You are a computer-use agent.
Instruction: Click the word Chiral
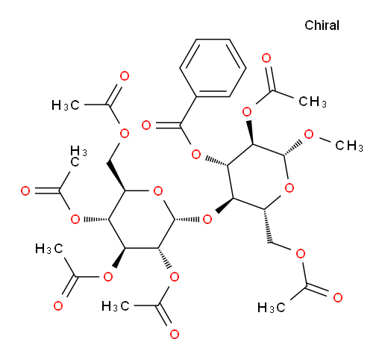coord(322,25)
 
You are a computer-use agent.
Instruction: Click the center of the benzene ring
coord(213,68)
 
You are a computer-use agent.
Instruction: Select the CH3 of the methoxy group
coord(349,146)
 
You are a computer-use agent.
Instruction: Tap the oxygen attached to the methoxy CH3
coord(309,134)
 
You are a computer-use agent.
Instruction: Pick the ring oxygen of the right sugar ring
coord(289,188)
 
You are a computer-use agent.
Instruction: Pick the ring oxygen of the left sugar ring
coord(158,191)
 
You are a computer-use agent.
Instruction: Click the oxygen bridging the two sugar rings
coord(207,220)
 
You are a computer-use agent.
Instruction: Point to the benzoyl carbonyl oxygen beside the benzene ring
coord(146,125)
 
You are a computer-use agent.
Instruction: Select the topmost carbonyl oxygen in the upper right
coord(266,58)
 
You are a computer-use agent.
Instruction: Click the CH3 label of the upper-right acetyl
coord(313,102)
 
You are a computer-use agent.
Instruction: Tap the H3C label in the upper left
coord(66,105)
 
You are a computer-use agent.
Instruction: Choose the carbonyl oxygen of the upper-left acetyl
coord(125,76)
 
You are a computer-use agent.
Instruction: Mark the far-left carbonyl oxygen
coord(25,191)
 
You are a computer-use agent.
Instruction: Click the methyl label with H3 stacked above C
coord(78,156)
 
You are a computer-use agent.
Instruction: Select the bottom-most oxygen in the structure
coord(175,334)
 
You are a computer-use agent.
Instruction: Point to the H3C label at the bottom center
coord(116,306)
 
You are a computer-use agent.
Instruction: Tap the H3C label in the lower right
coord(271,308)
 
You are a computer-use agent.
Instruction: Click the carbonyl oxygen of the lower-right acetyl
coord(338,298)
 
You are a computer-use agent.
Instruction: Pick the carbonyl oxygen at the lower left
coord(58,305)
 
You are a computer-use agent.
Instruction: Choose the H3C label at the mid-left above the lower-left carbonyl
coord(49,249)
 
